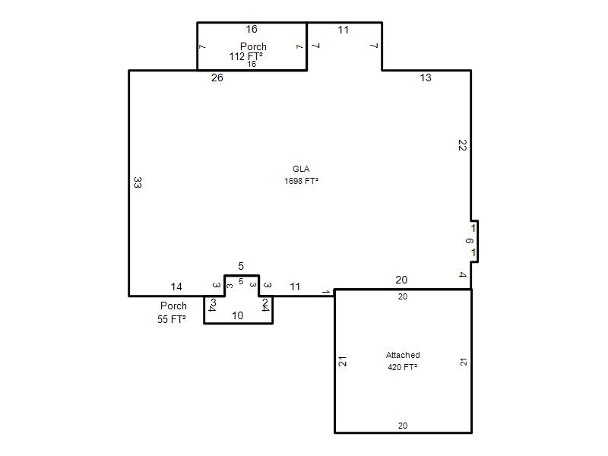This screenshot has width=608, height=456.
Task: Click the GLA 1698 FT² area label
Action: coord(301,175)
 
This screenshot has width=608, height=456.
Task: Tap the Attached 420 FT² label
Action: coord(403,361)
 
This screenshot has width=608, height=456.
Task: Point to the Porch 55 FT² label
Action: coord(173,312)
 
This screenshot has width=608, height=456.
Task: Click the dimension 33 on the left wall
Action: coord(138,182)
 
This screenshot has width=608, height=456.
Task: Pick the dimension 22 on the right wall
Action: coord(462,145)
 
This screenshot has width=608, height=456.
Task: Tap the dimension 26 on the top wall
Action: coord(217,78)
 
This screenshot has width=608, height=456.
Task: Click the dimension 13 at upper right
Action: coord(426,78)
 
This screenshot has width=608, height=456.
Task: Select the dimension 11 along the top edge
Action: coord(344,30)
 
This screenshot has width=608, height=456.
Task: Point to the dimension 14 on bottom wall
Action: coord(176,287)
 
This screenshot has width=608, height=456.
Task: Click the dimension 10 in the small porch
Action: coord(237,315)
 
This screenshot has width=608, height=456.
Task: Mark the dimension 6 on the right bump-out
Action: coord(469,241)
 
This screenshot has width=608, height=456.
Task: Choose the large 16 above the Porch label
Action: coord(252,29)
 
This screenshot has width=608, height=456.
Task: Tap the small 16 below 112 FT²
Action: coord(252,64)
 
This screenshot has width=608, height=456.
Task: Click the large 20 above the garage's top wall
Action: coord(401,280)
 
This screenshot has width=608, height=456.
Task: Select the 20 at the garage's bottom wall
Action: coord(403,426)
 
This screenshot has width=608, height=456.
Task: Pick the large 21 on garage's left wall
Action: coord(343,362)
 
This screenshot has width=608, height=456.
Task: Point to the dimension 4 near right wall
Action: coord(462,274)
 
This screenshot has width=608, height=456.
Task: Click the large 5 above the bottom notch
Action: coord(241,266)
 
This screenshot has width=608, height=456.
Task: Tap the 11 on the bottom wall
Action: coord(295,287)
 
